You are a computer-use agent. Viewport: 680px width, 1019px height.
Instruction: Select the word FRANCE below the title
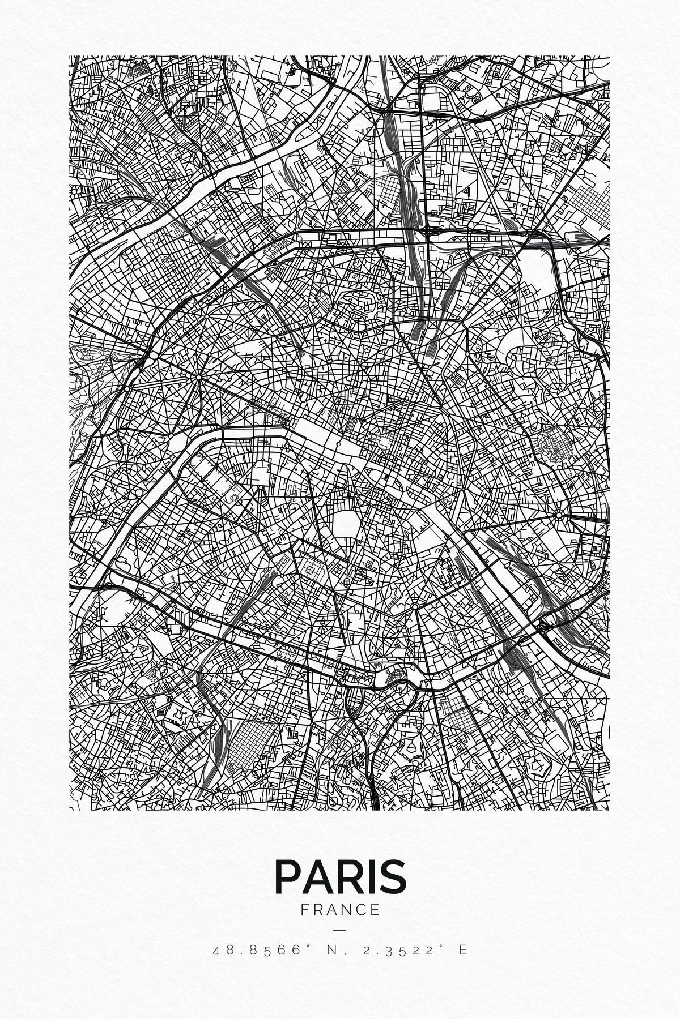click(x=340, y=910)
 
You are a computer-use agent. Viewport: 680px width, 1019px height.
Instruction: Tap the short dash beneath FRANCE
click(x=339, y=930)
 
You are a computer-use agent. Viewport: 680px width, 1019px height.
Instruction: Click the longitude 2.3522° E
click(x=414, y=949)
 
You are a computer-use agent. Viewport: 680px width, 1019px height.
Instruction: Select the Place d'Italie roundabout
click(x=415, y=606)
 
